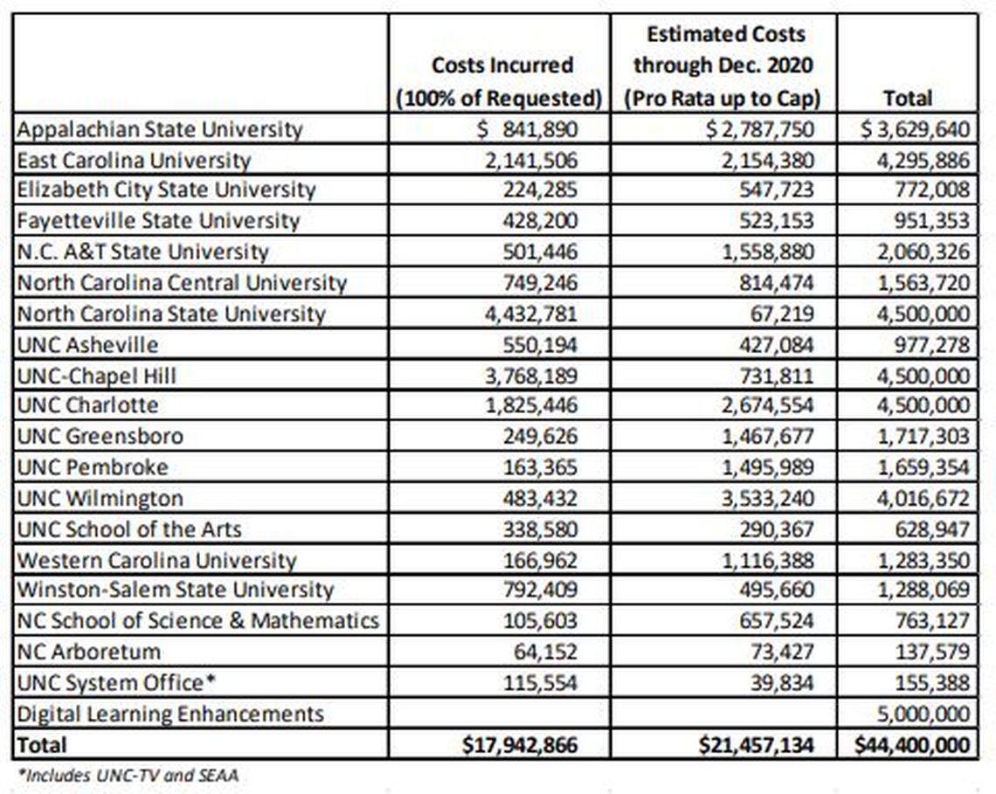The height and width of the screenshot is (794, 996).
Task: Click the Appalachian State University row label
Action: click(160, 130)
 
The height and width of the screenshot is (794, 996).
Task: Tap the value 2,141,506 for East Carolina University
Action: click(536, 160)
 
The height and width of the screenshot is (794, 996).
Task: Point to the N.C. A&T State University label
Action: click(143, 252)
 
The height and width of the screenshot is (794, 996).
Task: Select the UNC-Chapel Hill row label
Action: click(97, 376)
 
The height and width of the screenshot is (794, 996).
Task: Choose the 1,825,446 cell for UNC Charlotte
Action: click(536, 405)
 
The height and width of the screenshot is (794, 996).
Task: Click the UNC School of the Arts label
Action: click(129, 529)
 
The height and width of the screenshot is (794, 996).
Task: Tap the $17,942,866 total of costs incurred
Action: click(520, 744)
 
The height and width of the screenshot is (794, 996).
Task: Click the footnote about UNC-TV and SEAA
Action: click(128, 773)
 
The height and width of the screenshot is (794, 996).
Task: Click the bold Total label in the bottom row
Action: click(42, 744)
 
